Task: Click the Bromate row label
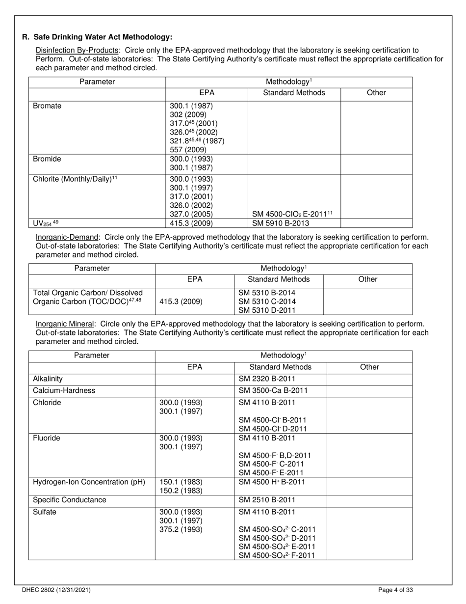pyautogui.click(x=47, y=106)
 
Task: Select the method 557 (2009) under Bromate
pyautogui.click(x=188, y=150)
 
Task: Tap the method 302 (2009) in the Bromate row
pyautogui.click(x=188, y=114)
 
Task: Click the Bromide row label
pyautogui.click(x=47, y=159)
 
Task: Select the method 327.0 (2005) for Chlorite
pyautogui.click(x=191, y=214)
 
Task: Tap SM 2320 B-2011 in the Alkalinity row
pyautogui.click(x=267, y=379)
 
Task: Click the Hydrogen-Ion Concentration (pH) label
pyautogui.click(x=89, y=482)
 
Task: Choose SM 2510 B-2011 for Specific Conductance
pyautogui.click(x=267, y=500)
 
